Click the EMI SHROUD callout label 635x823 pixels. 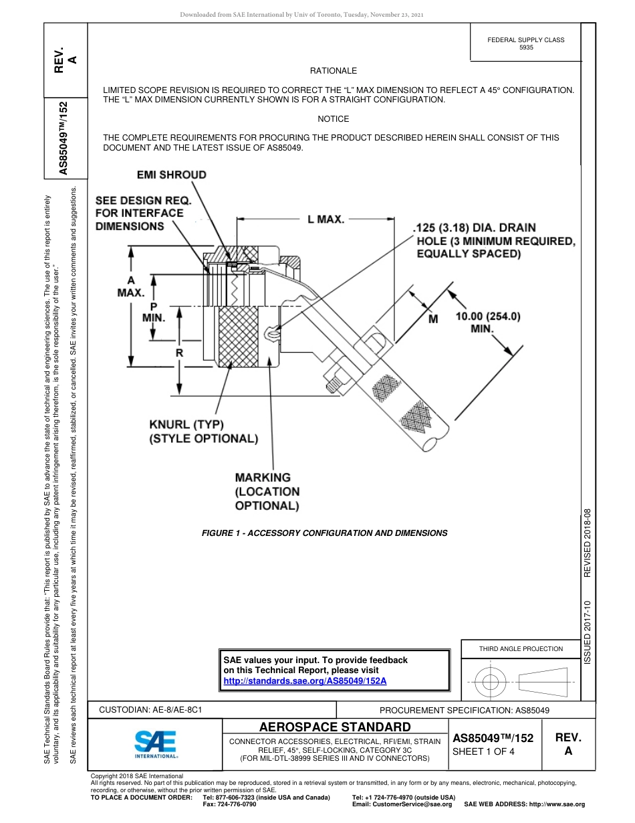[x=172, y=175]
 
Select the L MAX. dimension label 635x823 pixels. [x=326, y=219]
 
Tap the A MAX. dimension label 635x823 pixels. [x=131, y=286]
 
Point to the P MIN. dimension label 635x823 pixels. [x=153, y=312]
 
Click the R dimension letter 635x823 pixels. [x=179, y=352]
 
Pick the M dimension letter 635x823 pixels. [x=432, y=319]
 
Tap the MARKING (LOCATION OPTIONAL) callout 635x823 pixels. [x=267, y=491]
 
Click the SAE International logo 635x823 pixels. [x=156, y=743]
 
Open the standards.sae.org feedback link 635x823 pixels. [x=304, y=680]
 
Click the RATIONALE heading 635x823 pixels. [x=334, y=71]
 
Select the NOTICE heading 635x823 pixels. [x=334, y=119]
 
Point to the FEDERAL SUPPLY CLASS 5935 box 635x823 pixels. [x=526, y=43]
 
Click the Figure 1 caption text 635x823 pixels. [x=324, y=533]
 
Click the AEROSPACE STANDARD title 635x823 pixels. [x=335, y=727]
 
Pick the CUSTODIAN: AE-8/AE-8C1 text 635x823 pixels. [x=150, y=710]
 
